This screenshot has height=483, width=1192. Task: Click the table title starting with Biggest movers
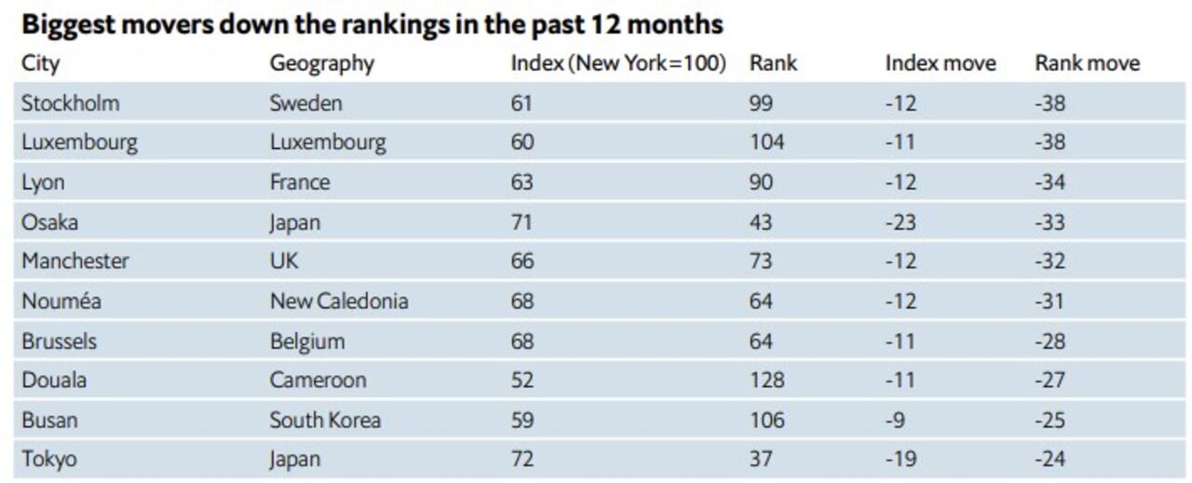click(372, 23)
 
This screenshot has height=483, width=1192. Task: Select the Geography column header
click(321, 63)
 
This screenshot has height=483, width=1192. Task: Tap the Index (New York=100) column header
click(617, 63)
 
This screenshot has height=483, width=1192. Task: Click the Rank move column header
click(1087, 63)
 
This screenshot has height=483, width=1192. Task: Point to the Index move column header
click(940, 63)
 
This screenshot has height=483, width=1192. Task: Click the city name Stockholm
click(71, 102)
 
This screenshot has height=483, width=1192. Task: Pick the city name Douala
click(55, 380)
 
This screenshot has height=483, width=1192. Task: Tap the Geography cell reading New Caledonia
click(339, 301)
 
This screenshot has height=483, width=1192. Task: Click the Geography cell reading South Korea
click(325, 420)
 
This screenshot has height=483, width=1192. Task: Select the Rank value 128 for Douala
click(766, 380)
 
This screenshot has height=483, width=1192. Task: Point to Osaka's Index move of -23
click(901, 221)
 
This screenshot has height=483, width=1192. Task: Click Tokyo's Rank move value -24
click(1050, 459)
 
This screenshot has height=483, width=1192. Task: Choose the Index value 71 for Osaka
click(521, 221)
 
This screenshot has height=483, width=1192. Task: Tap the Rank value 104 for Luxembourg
click(766, 142)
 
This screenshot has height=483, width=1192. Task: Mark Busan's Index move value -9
click(895, 420)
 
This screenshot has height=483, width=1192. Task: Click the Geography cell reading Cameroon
click(318, 380)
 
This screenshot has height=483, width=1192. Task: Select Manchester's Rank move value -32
click(1050, 261)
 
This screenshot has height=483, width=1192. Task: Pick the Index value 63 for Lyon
click(521, 181)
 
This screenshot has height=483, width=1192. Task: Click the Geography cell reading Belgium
click(307, 341)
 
